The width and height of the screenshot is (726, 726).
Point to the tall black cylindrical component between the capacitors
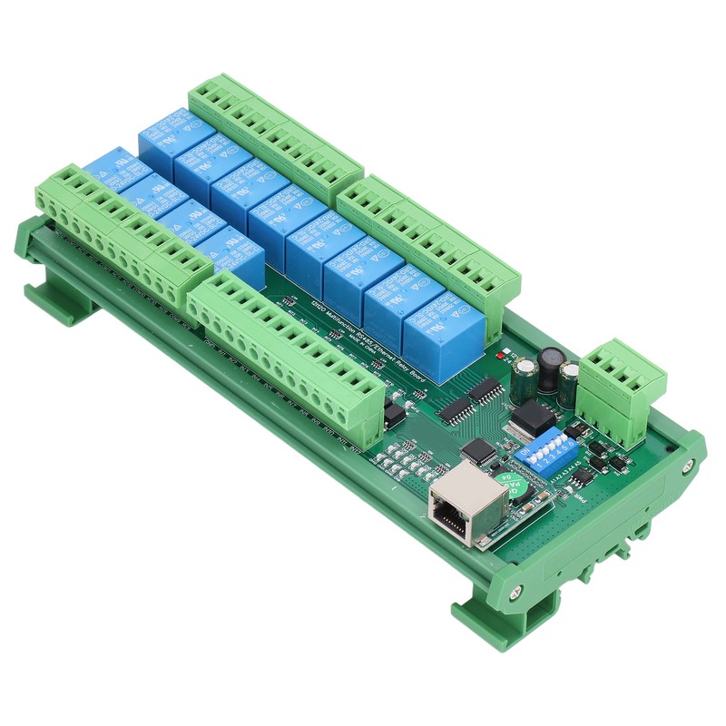coord(550,368)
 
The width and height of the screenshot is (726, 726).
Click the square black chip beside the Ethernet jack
coord(479,451)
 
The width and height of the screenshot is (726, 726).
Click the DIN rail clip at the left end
coord(50,299)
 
